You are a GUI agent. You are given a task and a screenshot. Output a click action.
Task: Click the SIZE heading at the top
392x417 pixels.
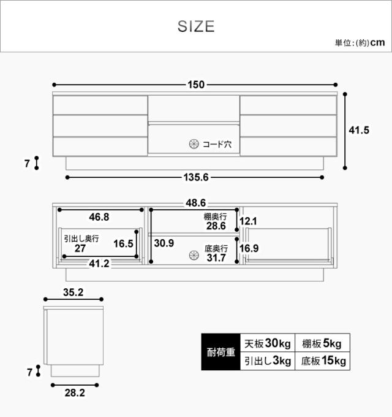(x=196, y=26)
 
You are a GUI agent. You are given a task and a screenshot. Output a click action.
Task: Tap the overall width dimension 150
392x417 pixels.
(x=196, y=85)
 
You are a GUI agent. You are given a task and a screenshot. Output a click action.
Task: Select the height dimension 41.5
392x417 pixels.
(x=359, y=130)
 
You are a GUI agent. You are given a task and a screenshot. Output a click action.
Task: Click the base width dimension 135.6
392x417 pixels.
(x=196, y=177)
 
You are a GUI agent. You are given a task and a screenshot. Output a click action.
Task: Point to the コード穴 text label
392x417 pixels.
(x=217, y=144)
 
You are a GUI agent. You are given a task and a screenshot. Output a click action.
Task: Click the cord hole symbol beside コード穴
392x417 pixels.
(x=194, y=144)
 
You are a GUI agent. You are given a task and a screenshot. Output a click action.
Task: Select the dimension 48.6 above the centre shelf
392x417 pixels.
(x=196, y=203)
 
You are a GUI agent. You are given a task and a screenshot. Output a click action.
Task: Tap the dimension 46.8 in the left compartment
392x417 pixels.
(x=99, y=217)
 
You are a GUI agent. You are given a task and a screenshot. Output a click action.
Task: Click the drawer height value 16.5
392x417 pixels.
(x=123, y=243)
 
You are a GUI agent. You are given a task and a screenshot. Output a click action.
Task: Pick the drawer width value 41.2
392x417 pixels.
(x=99, y=264)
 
